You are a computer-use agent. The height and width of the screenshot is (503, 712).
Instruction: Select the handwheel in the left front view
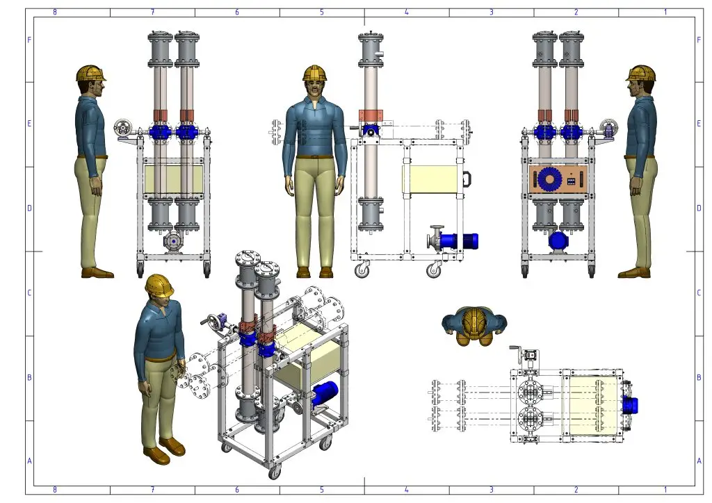(122, 128)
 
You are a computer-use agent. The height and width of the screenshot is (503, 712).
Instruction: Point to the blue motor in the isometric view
(325, 393)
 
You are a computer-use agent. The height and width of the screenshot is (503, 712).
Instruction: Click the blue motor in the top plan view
(631, 405)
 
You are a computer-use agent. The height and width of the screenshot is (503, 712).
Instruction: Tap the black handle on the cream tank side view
(467, 179)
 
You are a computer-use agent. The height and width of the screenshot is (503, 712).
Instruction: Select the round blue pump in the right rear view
(558, 241)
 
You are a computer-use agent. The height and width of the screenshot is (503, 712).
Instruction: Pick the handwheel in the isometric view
(214, 323)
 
